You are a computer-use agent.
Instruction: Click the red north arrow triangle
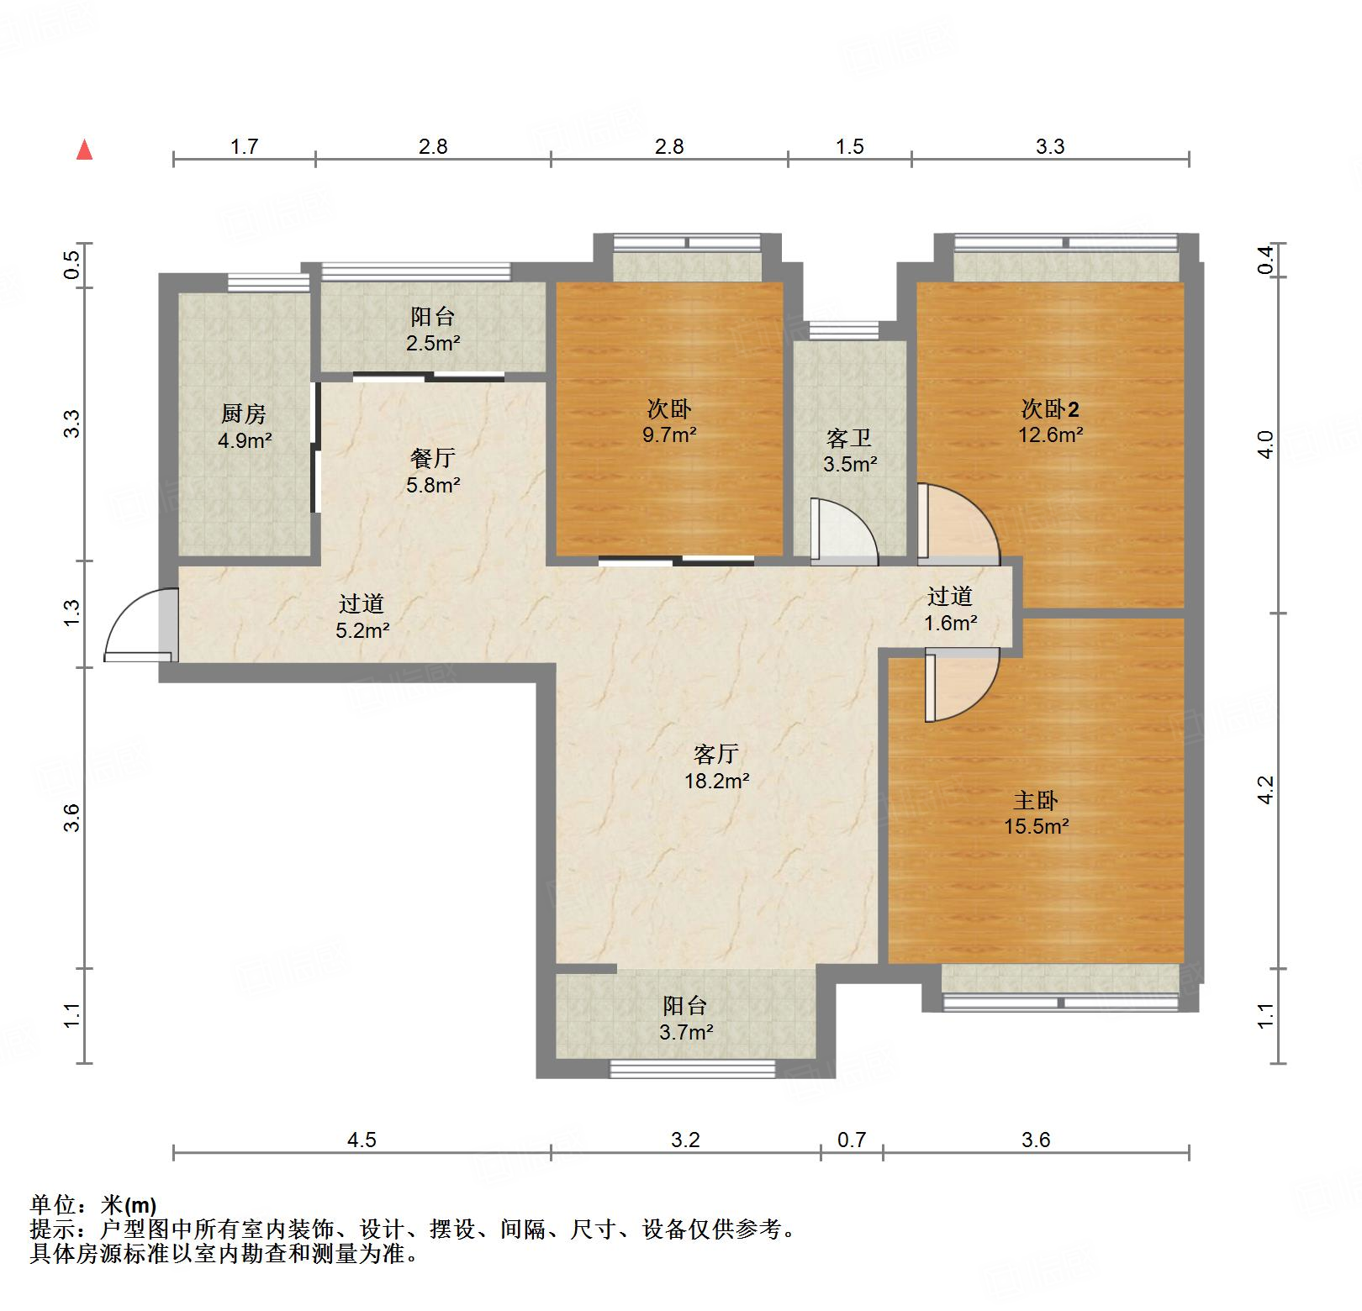point(84,150)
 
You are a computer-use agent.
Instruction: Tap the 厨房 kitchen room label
point(244,413)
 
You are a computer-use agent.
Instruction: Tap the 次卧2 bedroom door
point(957,523)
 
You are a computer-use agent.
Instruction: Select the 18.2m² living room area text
point(716,782)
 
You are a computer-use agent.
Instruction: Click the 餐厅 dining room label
point(433,458)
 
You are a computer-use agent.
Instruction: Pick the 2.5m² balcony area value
point(433,344)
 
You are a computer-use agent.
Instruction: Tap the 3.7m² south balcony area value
point(686,1032)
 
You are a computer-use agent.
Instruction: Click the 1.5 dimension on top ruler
point(850,147)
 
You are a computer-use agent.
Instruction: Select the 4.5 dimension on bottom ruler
point(362,1140)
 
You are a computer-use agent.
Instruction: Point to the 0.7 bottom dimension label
point(852,1140)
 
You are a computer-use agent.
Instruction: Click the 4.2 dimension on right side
point(1266,791)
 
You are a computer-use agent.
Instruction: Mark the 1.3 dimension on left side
point(72,612)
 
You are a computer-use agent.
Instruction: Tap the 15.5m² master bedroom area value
point(1036,827)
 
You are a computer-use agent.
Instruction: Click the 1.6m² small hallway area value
point(950,624)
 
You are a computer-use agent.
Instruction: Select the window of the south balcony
point(692,1069)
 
